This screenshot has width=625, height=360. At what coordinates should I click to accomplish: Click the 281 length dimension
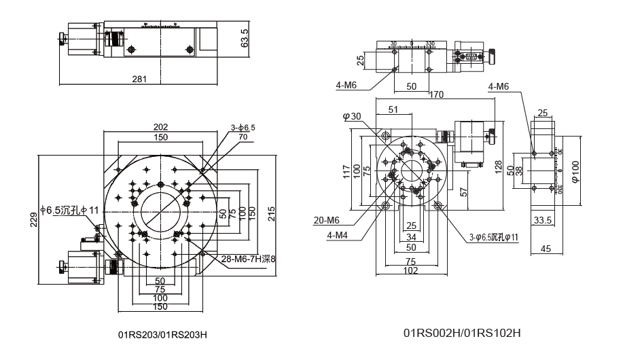pyautogui.click(x=139, y=79)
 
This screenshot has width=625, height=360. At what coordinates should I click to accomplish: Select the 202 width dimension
pyautogui.click(x=161, y=126)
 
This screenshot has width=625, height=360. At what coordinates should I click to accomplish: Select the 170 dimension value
pyautogui.click(x=444, y=94)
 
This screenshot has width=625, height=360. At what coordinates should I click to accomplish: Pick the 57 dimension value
pyautogui.click(x=465, y=192)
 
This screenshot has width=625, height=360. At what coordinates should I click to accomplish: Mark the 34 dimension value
pyautogui.click(x=411, y=237)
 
